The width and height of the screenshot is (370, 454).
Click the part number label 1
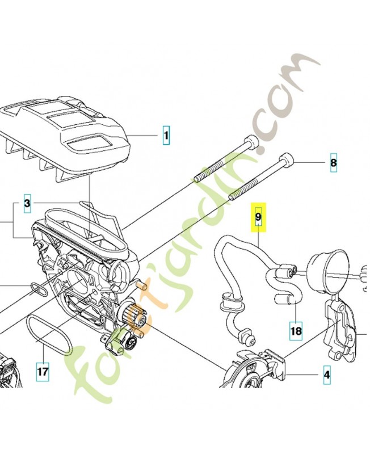(x=166, y=136)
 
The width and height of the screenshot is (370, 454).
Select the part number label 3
(x=27, y=203)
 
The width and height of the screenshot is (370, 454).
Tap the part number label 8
(x=333, y=163)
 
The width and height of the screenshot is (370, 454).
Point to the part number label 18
(x=296, y=330)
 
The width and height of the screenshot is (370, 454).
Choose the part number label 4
(x=326, y=375)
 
